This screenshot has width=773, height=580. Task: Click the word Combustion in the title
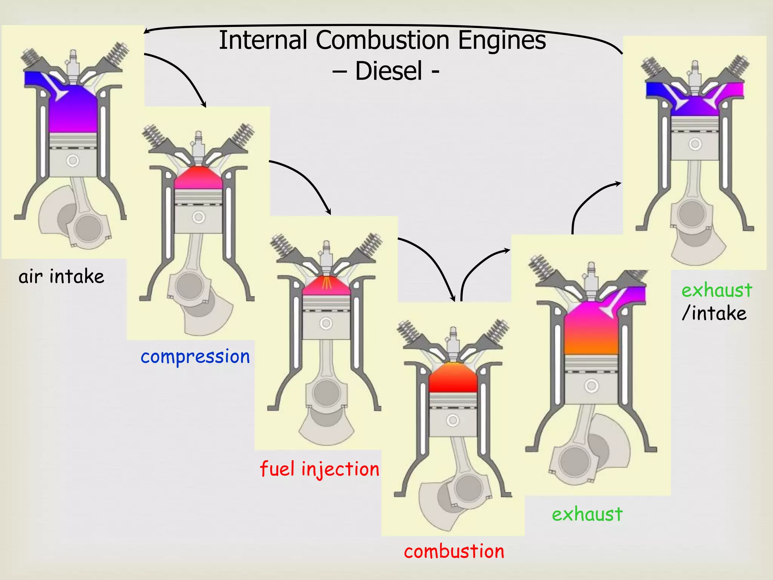click(382, 40)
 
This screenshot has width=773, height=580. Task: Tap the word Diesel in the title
click(388, 71)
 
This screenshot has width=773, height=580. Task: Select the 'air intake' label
click(61, 276)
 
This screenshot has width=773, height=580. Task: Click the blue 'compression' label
click(195, 356)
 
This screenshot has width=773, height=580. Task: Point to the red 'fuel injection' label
click(319, 469)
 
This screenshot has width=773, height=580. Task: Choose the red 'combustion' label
click(454, 551)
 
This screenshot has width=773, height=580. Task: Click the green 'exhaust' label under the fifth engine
click(587, 514)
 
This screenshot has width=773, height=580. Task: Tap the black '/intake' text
click(714, 313)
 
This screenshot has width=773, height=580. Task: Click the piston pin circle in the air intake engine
click(73, 160)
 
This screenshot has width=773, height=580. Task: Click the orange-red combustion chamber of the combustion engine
click(453, 378)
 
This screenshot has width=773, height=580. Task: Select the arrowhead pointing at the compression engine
click(204, 105)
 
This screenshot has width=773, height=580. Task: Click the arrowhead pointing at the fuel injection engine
click(329, 212)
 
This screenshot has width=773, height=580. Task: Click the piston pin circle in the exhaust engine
click(591, 386)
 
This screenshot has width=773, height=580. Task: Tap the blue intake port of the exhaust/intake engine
click(657, 90)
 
